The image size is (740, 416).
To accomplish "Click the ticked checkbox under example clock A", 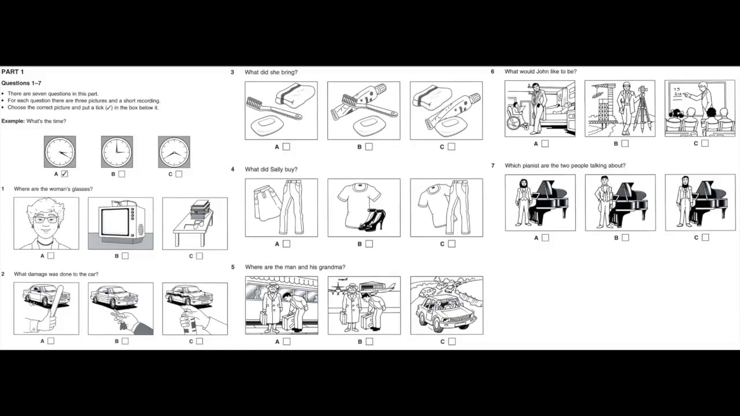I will (64, 174).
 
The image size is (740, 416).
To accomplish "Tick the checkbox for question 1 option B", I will (125, 256).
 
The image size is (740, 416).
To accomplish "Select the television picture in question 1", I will (120, 223).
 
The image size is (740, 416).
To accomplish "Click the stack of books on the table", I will (200, 209).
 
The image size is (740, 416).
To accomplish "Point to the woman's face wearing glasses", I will (46, 220).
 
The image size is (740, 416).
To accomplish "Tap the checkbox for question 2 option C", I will (199, 341).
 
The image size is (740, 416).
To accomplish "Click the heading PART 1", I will (13, 72).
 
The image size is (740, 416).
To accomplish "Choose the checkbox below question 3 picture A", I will (286, 147).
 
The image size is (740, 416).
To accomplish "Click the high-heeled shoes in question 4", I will (372, 220).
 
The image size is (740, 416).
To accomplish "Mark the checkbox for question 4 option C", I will (452, 244).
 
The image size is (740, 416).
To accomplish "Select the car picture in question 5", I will (446, 305).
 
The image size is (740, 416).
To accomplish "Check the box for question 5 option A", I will (287, 341).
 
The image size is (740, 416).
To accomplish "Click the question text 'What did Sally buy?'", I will (271, 169).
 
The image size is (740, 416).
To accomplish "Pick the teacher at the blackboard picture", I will (700, 108).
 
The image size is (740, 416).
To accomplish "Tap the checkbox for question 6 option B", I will (625, 143).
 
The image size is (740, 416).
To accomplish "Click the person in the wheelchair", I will (515, 117).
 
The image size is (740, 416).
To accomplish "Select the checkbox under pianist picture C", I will (705, 237).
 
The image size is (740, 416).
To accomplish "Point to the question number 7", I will (493, 166).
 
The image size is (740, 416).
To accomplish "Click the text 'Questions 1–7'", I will (21, 83).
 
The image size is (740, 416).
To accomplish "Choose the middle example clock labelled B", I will (117, 152).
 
